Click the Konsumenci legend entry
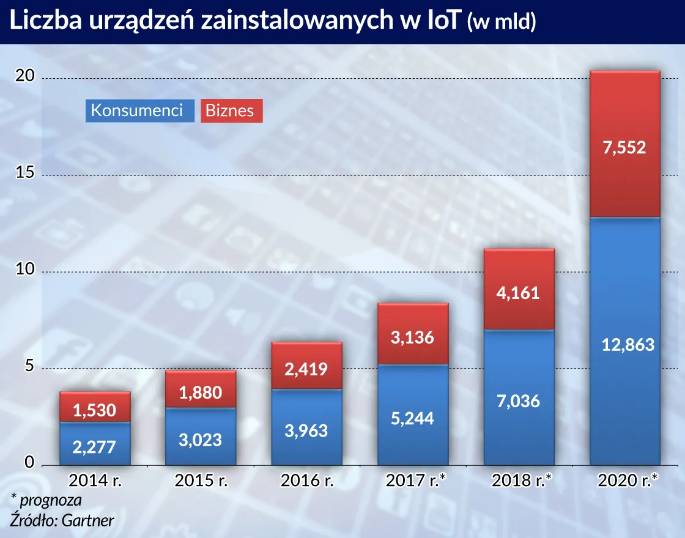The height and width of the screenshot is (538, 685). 137,111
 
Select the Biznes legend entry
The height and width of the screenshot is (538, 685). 230,111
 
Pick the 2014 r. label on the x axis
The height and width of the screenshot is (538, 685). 95,481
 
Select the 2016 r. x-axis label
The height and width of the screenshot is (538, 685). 307,481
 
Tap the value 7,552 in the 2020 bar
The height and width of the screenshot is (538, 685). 624,147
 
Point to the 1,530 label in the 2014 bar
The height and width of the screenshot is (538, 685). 95,410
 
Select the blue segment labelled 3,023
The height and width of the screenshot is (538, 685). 201,439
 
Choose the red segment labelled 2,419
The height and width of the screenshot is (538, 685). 307,369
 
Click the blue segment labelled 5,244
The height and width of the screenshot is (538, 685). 412,418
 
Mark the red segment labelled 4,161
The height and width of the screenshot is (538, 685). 519,292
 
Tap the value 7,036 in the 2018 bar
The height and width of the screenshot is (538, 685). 519,401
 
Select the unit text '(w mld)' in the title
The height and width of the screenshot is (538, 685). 502,23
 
